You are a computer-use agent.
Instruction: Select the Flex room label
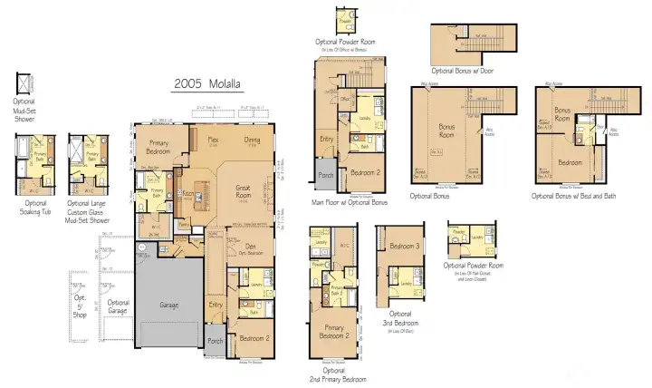click(214, 141)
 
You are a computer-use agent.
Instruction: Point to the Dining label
click(253, 141)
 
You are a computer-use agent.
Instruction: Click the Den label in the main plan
click(250, 247)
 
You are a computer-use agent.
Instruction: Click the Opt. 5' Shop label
click(79, 304)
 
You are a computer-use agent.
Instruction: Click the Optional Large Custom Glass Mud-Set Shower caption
click(87, 214)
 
